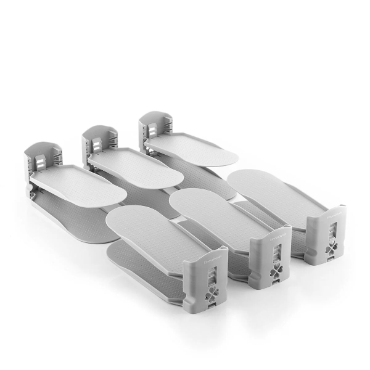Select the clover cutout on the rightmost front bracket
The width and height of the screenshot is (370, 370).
click(x=333, y=248)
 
